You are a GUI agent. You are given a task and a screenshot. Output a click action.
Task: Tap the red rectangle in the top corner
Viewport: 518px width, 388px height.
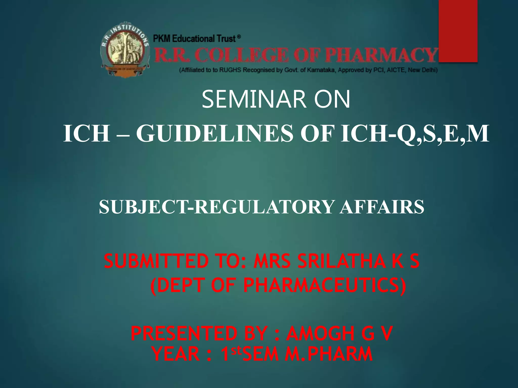tap(458, 30)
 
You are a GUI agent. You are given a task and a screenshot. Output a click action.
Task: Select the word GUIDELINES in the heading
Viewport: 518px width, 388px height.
tap(215, 134)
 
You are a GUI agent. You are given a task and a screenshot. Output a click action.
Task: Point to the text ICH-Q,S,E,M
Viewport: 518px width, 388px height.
tap(415, 134)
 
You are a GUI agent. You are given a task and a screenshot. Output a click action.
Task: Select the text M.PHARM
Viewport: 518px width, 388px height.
tap(329, 354)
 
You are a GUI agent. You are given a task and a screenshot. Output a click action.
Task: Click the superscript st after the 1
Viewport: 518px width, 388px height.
tap(237, 350)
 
